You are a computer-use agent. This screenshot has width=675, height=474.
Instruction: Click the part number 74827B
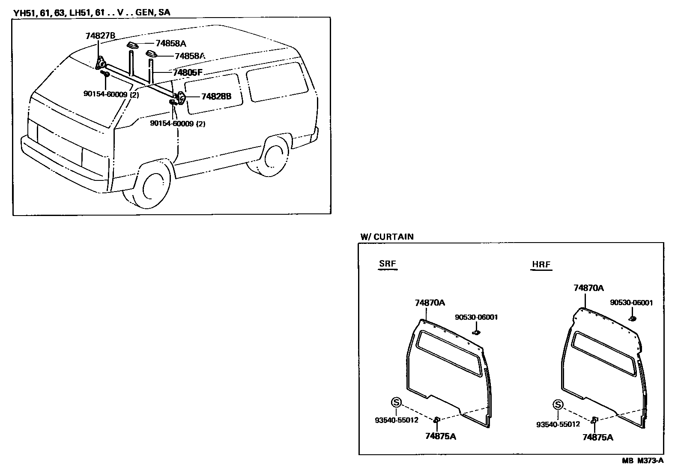100,36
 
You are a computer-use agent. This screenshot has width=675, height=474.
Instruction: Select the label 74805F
187,72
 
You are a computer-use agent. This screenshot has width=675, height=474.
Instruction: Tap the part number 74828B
216,96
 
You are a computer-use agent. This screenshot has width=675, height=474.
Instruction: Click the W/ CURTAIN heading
387,237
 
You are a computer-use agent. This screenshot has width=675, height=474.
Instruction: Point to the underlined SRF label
388,264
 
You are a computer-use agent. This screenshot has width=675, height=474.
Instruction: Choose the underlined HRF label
541,264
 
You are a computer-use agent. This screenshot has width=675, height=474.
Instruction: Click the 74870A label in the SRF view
430,303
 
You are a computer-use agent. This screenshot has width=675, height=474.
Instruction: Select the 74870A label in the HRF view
588,288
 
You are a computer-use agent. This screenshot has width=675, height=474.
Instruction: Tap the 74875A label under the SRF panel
440,436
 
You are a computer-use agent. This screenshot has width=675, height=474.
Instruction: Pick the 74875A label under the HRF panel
597,437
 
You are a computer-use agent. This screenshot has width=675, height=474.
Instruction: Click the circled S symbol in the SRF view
396,402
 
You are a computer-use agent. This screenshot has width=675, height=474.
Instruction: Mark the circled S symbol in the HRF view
558,405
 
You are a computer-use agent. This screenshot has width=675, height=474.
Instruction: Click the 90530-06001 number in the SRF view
476,317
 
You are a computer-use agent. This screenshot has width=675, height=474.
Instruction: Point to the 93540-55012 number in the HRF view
558,424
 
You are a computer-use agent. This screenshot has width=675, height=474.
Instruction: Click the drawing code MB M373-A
642,461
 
